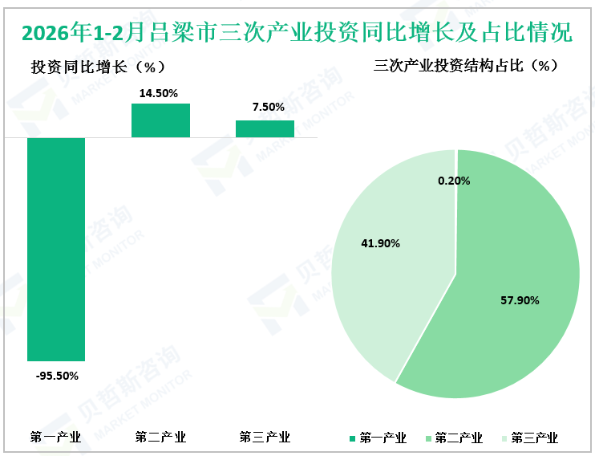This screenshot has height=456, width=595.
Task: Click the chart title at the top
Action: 297,33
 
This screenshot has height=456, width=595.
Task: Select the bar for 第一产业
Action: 56,249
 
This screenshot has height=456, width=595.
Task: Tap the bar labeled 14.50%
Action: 160,120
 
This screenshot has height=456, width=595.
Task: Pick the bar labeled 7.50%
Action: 265,128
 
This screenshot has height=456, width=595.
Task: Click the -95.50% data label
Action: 57,375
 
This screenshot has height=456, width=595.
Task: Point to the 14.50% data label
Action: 159,93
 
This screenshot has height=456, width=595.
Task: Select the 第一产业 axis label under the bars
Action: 55,437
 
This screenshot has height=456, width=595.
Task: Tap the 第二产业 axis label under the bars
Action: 160,437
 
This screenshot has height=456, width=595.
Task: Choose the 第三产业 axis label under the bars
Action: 265,437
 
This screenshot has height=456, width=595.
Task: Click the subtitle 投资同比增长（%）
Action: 99,66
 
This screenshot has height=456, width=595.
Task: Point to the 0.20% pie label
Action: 454,181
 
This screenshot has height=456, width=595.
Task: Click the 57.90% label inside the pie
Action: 520,300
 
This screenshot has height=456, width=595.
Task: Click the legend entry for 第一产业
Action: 378,438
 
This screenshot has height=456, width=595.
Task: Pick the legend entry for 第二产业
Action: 454,438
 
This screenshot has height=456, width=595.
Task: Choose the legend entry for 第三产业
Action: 529,438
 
